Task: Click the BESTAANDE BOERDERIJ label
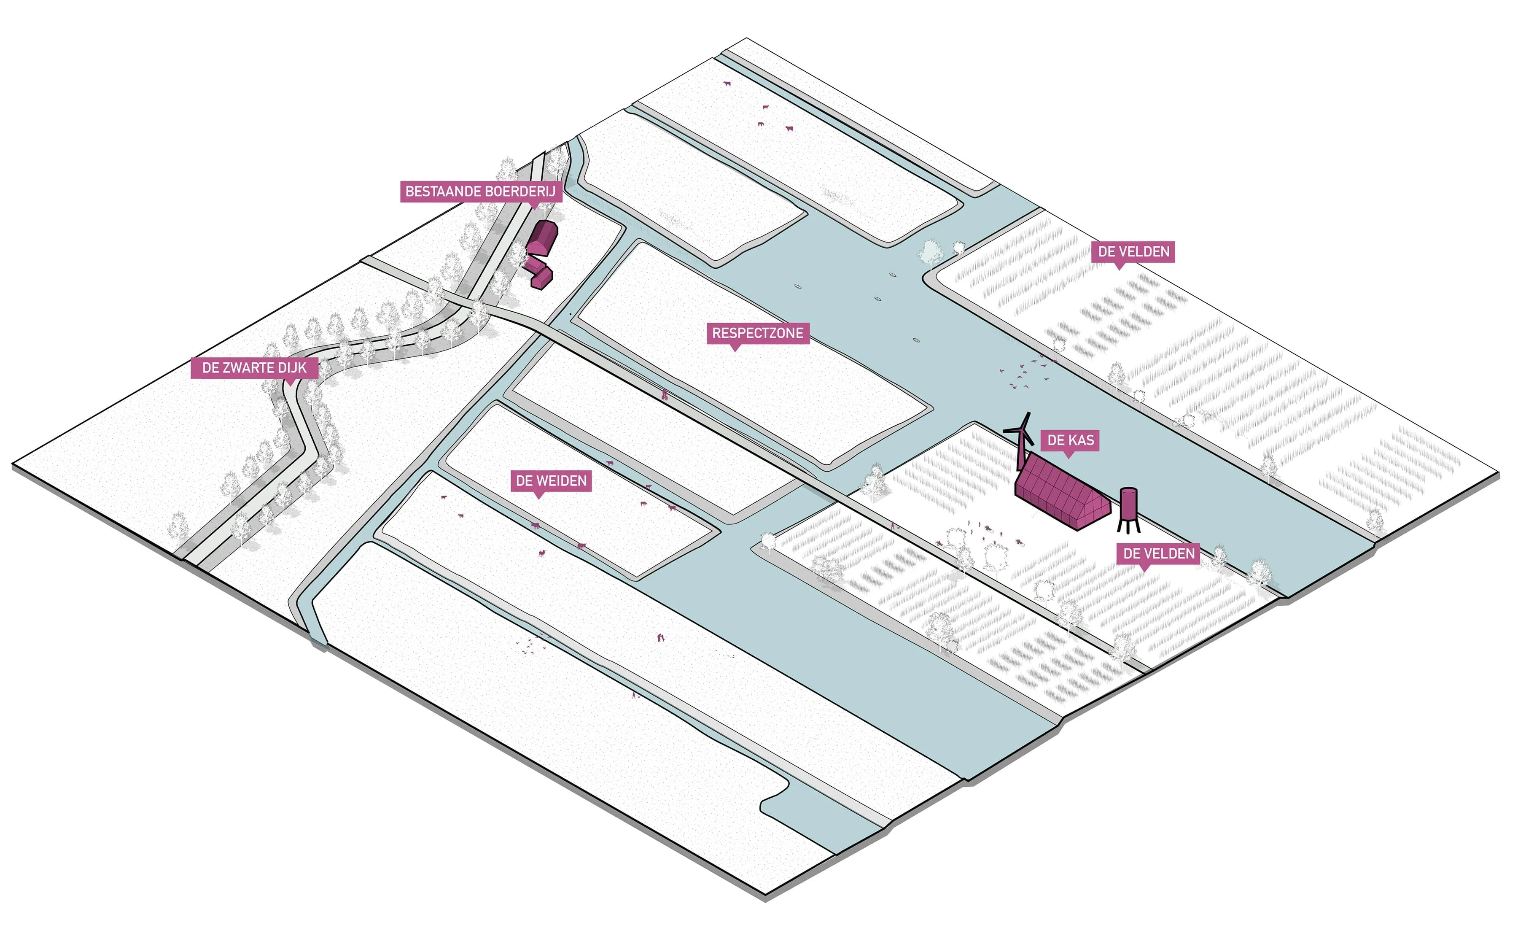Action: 481,192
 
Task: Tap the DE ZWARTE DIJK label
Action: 254,368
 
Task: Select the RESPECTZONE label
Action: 758,333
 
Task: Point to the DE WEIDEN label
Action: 551,480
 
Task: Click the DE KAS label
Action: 1071,440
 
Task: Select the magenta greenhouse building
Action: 1061,493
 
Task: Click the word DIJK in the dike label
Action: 293,368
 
